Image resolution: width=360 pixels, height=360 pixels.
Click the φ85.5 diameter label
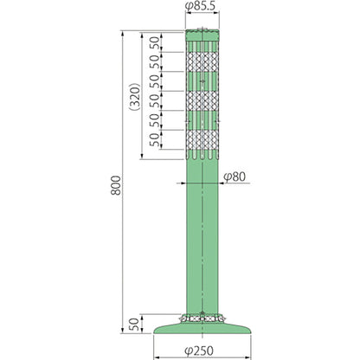(x=201, y=6)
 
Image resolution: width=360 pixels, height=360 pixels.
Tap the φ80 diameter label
(x=235, y=177)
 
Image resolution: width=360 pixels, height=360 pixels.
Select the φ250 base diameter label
(x=199, y=350)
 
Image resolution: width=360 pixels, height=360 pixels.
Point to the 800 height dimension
(x=116, y=185)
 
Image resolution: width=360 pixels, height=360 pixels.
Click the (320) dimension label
(x=134, y=97)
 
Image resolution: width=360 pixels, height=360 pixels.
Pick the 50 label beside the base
(x=134, y=325)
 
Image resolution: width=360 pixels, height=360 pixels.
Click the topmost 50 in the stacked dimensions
(x=154, y=42)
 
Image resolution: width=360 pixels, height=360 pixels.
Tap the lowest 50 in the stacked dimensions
(x=154, y=139)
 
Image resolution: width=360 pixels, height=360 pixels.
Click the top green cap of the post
(x=202, y=35)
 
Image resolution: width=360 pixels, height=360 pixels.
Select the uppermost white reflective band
(x=202, y=61)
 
